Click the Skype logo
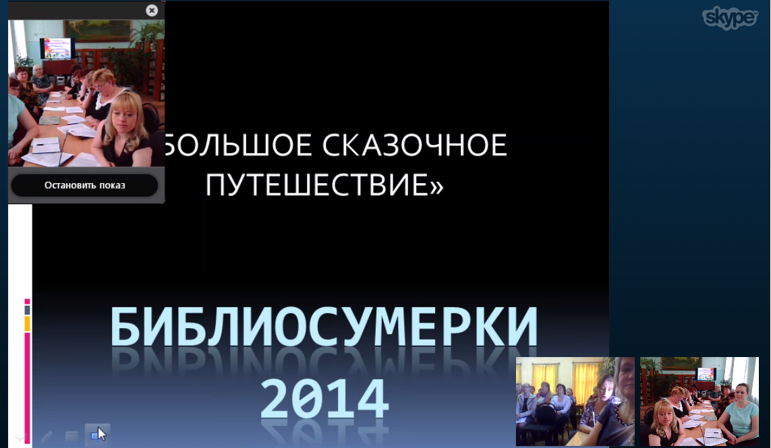(730, 19)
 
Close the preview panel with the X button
(152, 10)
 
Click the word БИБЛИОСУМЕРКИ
(324, 326)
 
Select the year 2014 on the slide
(324, 398)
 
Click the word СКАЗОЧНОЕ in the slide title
(415, 146)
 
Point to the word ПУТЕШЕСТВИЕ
(316, 185)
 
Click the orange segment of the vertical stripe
(28, 323)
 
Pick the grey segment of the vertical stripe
(28, 310)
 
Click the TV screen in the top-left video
(57, 49)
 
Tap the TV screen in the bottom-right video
(706, 375)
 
